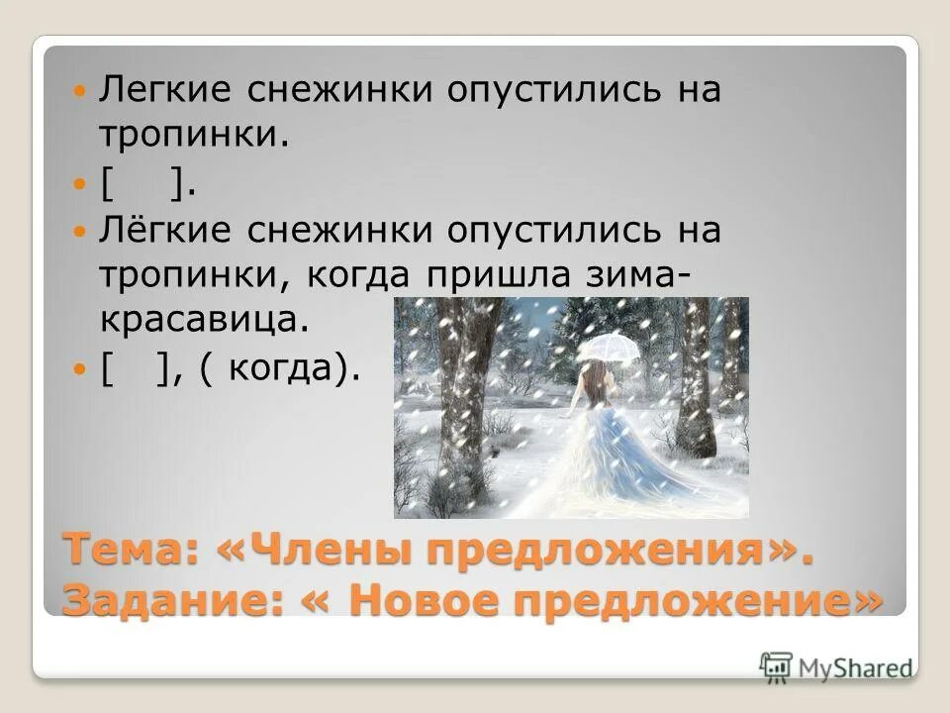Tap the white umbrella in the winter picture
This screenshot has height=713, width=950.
click(608, 347)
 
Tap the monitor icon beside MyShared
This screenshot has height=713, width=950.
click(777, 664)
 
